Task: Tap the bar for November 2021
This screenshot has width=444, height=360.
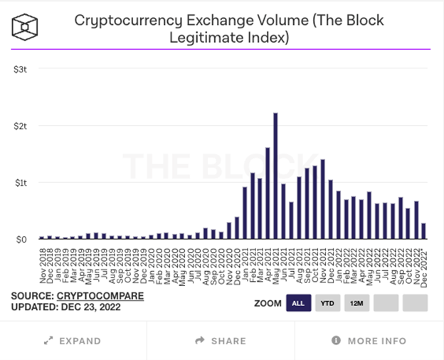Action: [322, 199]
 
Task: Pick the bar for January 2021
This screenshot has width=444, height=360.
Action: [244, 213]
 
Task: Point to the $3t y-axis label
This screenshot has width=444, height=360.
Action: [20, 69]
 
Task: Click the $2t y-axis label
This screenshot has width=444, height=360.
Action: [20, 126]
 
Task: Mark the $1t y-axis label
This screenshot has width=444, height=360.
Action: [20, 183]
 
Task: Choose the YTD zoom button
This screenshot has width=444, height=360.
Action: [327, 303]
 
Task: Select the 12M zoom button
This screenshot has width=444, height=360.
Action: [356, 303]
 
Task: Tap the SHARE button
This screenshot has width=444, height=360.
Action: [221, 341]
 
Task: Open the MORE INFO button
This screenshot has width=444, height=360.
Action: [369, 341]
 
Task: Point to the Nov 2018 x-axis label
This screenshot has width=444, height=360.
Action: [42, 265]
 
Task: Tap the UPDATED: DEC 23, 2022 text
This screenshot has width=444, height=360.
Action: [66, 307]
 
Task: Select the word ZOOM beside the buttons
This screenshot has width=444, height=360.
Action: [268, 303]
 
